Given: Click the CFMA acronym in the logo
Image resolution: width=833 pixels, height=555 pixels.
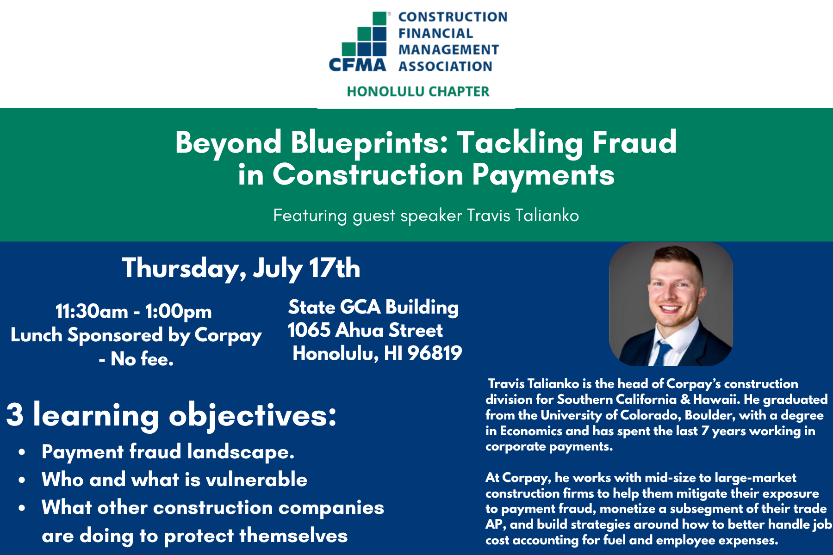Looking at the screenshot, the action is [x=357, y=65].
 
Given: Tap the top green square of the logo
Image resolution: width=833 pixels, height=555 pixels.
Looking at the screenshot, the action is [x=379, y=18].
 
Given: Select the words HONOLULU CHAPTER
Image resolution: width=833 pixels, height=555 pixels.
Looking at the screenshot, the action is [x=418, y=92].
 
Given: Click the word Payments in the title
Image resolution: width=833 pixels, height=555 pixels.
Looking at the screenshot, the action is [x=543, y=176].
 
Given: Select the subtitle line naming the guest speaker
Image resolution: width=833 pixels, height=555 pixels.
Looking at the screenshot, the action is [x=426, y=216].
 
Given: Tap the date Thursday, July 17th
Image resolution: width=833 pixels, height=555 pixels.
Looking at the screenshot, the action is [x=241, y=269].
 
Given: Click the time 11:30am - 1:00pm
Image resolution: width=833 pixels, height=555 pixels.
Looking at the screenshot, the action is [x=134, y=311].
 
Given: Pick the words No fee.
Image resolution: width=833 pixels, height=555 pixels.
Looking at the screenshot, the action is [x=142, y=359].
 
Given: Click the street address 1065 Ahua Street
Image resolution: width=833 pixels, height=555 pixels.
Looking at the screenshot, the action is [x=365, y=330].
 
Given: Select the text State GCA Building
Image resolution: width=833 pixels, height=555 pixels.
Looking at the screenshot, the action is [x=373, y=308].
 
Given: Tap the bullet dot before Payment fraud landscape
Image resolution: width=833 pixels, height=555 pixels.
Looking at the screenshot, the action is [x=22, y=453].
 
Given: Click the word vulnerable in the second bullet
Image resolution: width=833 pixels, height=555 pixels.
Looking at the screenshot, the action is [x=256, y=480].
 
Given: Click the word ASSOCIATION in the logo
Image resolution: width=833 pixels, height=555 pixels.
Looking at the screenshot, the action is [x=445, y=67].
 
